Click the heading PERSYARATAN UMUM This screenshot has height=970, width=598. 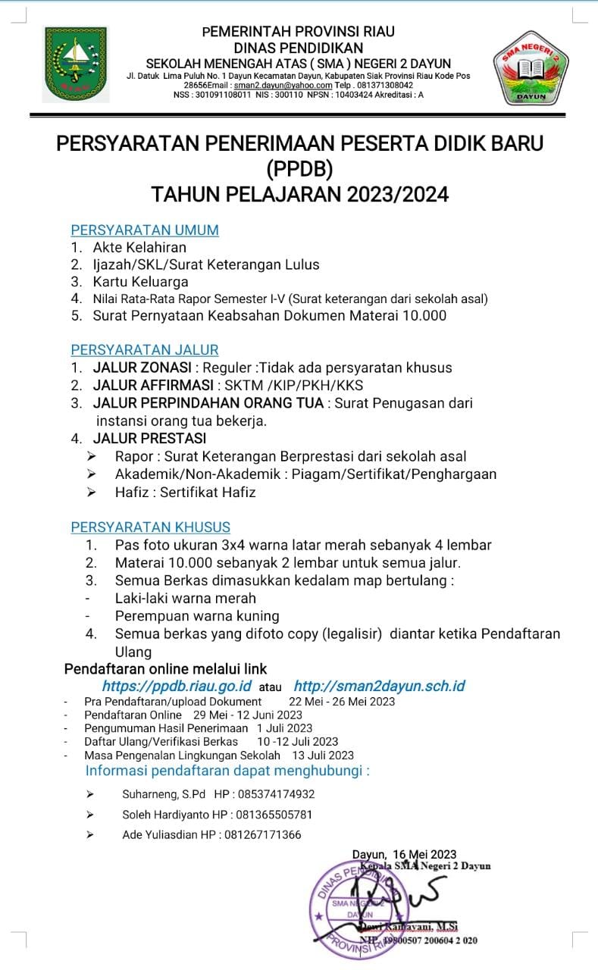click(145, 230)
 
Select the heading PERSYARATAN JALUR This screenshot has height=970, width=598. click(145, 349)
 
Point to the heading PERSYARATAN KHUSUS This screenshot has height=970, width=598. click(150, 527)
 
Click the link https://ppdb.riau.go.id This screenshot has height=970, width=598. click(177, 686)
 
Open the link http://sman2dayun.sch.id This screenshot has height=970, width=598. click(379, 686)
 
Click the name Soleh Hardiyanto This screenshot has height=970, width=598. click(155, 815)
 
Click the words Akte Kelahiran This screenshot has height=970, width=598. click(139, 247)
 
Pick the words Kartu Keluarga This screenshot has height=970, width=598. click(140, 282)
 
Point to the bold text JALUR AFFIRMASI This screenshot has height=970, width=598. click(150, 385)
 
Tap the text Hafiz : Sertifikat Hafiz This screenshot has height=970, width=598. click(186, 492)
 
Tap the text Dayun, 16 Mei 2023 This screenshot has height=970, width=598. click(404, 855)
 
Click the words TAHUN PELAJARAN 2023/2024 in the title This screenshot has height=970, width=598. click(299, 194)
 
